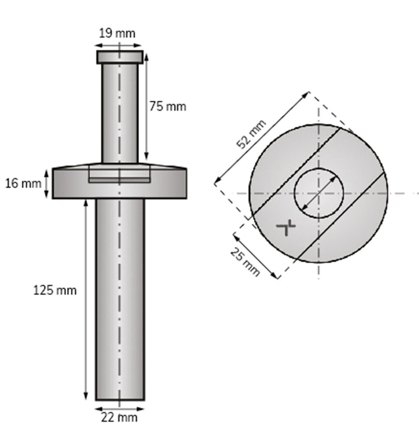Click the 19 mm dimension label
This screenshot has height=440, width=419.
click(117, 33)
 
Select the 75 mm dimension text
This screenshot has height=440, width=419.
click(167, 106)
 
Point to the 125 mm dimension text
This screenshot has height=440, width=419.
click(55, 290)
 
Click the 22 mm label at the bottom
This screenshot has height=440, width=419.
click(119, 417)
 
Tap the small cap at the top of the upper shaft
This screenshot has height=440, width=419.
click(120, 57)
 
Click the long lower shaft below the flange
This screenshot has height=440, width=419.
click(120, 299)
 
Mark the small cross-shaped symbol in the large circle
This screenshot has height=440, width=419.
click(286, 228)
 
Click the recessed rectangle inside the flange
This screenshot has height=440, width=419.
click(119, 174)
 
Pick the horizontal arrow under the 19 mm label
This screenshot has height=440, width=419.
click(119, 45)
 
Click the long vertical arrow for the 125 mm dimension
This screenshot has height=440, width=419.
click(85, 299)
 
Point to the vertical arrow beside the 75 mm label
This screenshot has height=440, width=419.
click(146, 106)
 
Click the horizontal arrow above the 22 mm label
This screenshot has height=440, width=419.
click(120, 408)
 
